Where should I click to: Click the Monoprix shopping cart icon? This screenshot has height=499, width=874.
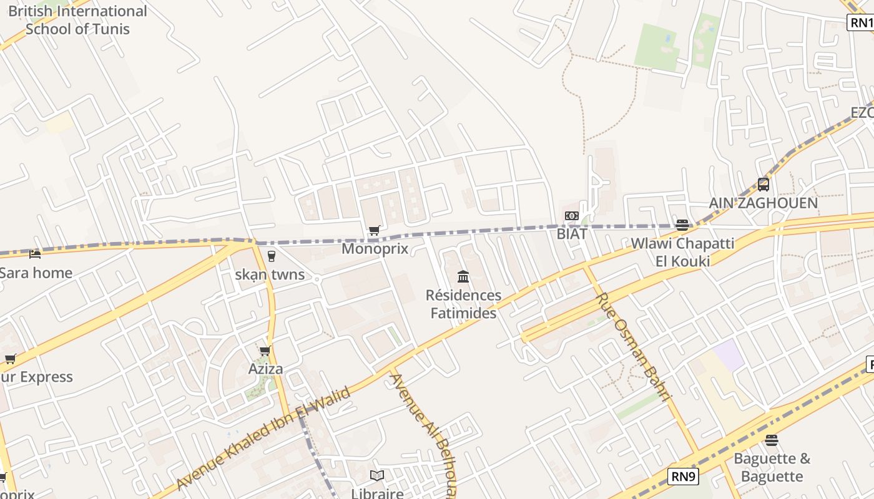374,231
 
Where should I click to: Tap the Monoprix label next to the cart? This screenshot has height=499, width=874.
375,249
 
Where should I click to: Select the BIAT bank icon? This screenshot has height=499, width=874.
571,216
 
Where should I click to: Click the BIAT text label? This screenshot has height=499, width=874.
572,234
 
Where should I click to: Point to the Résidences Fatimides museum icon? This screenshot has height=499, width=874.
463,276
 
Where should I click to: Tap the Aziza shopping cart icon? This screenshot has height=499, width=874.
265,351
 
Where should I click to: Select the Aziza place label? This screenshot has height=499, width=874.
265,369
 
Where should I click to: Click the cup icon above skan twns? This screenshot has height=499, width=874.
271,256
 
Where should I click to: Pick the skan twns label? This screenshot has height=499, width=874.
270,274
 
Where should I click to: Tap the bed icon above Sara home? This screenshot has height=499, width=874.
35,254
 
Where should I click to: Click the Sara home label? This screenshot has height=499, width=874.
36,273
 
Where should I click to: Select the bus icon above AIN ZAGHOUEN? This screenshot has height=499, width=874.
763,185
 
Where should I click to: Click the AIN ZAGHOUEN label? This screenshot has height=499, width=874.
763,203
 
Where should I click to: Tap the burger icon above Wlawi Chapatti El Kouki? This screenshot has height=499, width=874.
682,225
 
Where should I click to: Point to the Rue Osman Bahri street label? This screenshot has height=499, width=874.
633,347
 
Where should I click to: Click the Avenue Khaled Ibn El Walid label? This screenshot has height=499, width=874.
263,438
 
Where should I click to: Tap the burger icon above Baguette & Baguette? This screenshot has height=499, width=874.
772,440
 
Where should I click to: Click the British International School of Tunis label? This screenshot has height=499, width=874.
77,20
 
